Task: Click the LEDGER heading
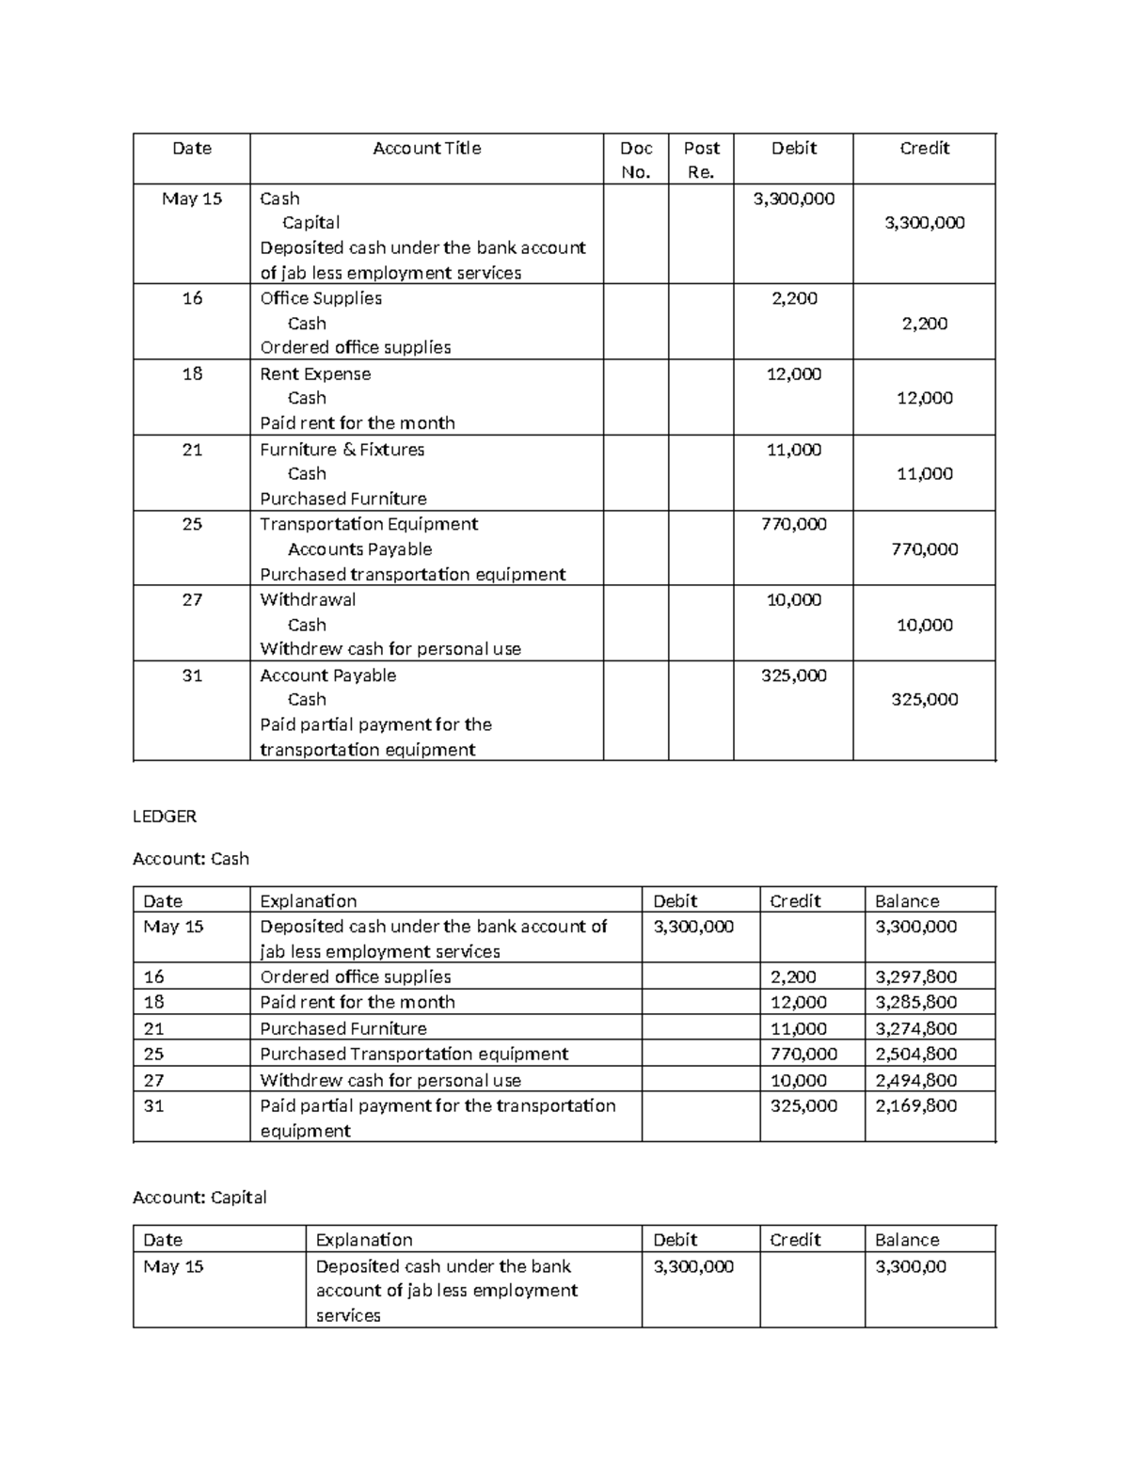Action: pos(165,817)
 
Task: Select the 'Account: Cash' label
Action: pos(191,858)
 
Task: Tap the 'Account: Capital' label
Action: pos(199,1198)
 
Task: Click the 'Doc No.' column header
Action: pos(636,159)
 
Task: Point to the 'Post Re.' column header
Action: pos(701,159)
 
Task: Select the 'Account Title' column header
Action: pos(426,148)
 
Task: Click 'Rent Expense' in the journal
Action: pos(315,373)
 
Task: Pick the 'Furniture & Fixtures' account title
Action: pos(342,450)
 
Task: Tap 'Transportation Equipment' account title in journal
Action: pos(369,524)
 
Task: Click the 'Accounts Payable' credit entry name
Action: pos(359,549)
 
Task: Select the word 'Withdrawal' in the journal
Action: pos(308,599)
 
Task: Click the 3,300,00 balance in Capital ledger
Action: pos(911,1266)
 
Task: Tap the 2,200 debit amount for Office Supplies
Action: pos(794,298)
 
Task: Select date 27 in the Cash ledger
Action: pos(153,1080)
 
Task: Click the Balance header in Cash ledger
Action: pos(907,900)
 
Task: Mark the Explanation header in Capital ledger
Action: pos(364,1240)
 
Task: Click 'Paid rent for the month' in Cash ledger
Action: pos(358,1002)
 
